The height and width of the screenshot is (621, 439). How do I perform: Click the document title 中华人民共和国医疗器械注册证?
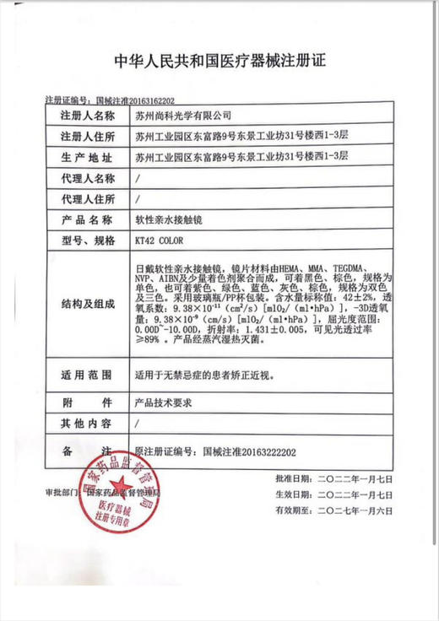(x=219, y=62)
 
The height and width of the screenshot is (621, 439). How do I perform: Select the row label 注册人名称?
(x=86, y=114)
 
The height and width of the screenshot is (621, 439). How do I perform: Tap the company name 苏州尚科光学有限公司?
(x=182, y=114)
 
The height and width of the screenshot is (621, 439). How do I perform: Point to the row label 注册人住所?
(x=86, y=135)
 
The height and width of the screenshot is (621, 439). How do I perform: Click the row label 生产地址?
(x=86, y=157)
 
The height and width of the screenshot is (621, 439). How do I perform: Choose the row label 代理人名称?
(x=86, y=178)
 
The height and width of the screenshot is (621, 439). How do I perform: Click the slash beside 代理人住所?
(x=138, y=199)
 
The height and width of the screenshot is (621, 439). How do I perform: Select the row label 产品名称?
(x=86, y=220)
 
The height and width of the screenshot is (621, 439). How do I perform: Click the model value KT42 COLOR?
(x=158, y=241)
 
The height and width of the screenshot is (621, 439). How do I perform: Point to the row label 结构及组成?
(x=86, y=302)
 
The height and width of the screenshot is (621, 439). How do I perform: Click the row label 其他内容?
(x=86, y=424)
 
